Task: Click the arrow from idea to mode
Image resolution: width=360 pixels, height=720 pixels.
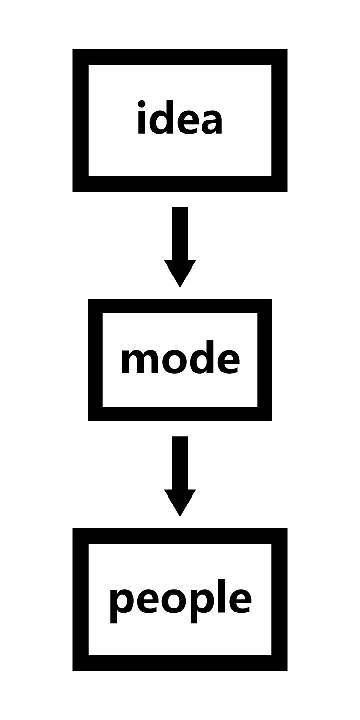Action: (180, 240)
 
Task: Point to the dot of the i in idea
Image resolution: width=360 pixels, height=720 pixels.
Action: (142, 103)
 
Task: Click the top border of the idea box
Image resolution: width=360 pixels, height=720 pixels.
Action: (180, 57)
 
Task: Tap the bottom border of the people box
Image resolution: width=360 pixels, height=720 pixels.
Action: (180, 662)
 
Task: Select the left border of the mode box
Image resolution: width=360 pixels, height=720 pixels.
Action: (96, 360)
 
